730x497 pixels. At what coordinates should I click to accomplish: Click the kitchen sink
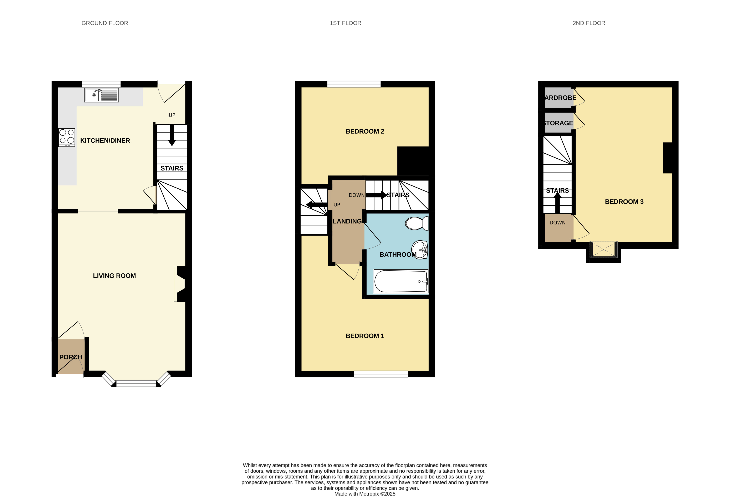[101, 95]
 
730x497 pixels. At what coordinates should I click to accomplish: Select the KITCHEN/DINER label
[105, 141]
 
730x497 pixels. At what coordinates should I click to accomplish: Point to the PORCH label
[71, 357]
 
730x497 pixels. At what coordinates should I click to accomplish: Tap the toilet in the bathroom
[417, 223]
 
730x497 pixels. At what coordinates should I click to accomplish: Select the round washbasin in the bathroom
[420, 250]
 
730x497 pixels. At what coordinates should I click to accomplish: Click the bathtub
[401, 281]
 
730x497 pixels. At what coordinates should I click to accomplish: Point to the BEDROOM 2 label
[365, 131]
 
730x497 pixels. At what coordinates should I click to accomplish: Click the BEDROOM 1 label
[365, 336]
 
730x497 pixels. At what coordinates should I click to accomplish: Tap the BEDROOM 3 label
[624, 202]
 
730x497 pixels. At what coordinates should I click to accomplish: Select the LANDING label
[347, 222]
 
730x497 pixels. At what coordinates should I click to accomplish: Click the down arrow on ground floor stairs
[172, 135]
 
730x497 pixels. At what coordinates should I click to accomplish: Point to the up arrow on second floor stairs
[557, 203]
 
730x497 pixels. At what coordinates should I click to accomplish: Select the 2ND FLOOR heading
[589, 23]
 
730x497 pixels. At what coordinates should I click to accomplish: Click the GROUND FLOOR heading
[105, 23]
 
